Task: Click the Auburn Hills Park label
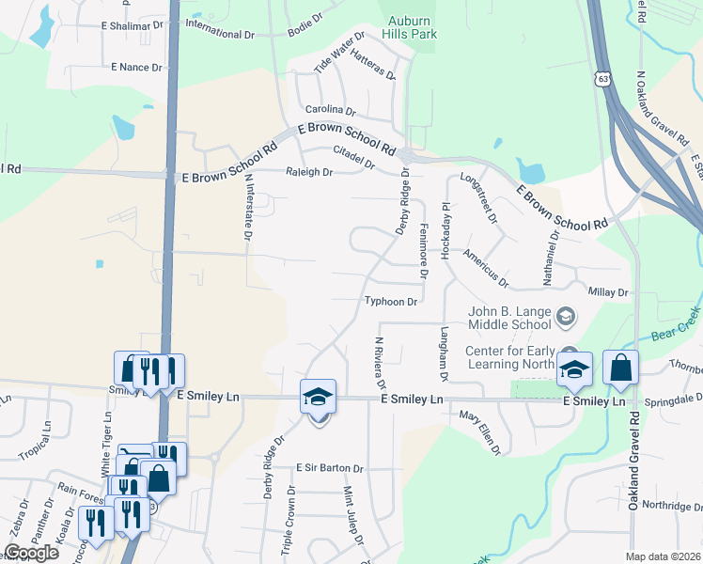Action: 410,28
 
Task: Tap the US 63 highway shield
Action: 603,76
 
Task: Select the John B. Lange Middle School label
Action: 511,319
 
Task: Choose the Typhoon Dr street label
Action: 391,302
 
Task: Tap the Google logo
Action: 31,553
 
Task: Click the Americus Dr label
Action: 485,269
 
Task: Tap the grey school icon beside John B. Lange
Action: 565,315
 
